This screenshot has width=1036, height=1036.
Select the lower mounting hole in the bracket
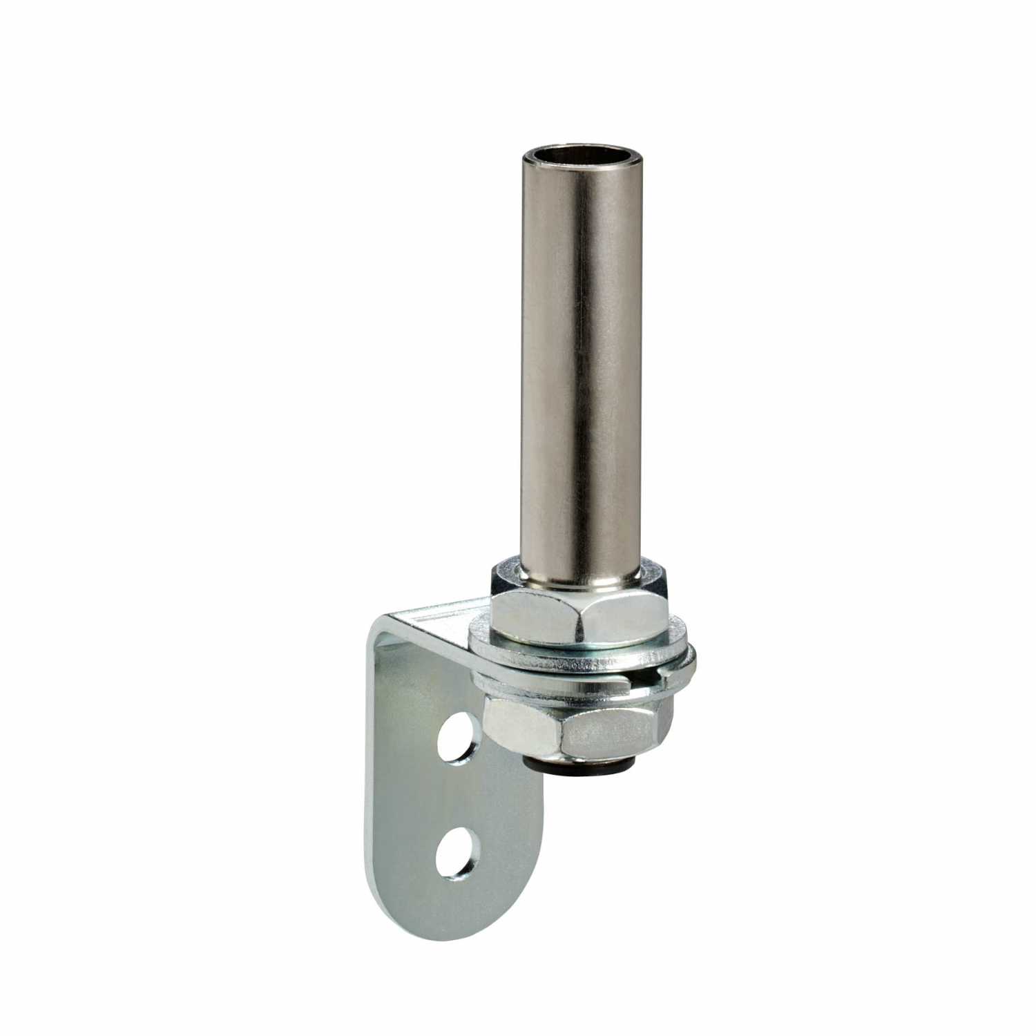(x=452, y=851)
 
